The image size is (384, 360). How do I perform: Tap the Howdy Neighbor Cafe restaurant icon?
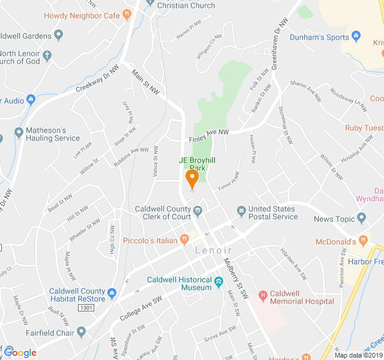tap(127, 14)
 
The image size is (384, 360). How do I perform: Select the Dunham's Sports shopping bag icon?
tap(356, 37)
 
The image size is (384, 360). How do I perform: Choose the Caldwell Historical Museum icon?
tap(218, 281)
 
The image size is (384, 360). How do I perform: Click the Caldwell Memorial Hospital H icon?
tap(262, 295)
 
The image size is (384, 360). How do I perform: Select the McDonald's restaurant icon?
tap(362, 241)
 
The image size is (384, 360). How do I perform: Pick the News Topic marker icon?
tap(361, 218)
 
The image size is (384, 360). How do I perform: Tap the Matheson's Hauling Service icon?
tap(19, 131)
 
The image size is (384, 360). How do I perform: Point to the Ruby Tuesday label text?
tap(365, 128)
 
